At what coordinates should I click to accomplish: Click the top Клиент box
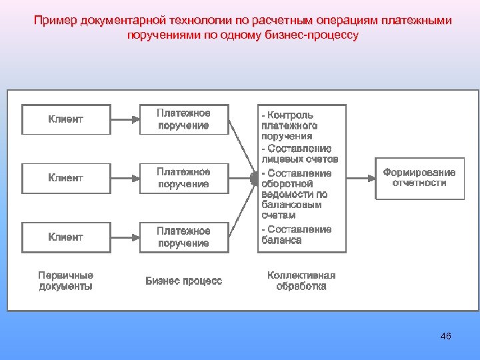click(x=66, y=119)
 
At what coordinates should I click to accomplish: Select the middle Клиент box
click(x=66, y=178)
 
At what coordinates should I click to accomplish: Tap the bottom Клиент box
click(x=66, y=237)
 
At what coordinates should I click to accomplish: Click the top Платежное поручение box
click(x=183, y=119)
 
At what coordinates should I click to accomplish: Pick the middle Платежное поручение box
click(x=183, y=178)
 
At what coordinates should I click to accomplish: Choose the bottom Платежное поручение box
click(x=183, y=237)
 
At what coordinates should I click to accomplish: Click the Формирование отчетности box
click(x=419, y=177)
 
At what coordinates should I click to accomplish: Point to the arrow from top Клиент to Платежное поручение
click(x=125, y=119)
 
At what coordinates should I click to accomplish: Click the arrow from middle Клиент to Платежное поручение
click(x=125, y=178)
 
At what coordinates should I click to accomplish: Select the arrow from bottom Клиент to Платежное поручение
click(x=125, y=237)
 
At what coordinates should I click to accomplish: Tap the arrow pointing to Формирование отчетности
click(x=361, y=177)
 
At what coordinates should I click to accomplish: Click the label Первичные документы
click(x=65, y=281)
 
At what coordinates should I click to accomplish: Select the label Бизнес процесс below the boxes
click(x=184, y=281)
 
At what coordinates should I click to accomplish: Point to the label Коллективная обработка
click(x=301, y=281)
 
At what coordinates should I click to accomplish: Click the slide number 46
click(x=446, y=336)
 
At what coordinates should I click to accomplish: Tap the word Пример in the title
click(x=56, y=21)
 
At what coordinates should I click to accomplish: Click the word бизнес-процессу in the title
click(x=321, y=35)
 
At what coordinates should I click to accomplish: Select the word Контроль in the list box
click(x=291, y=115)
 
